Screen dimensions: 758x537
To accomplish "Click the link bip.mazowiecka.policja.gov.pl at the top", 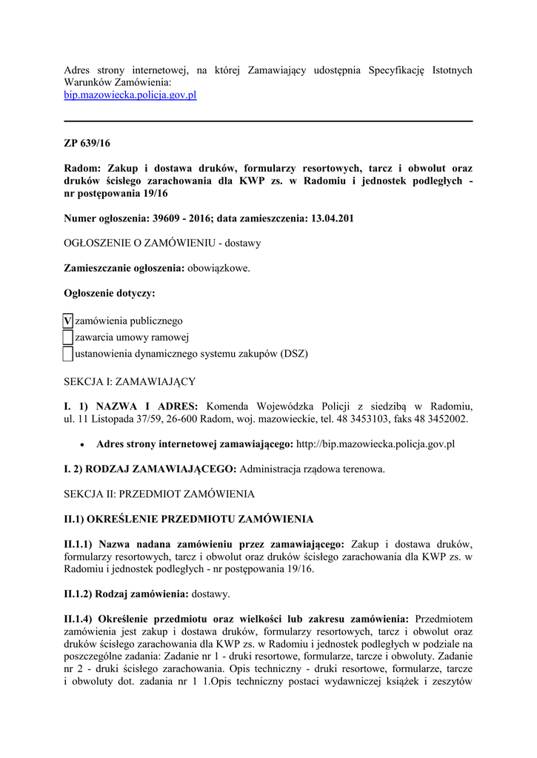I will (x=130, y=95).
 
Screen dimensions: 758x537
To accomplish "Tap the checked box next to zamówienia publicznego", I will (x=68, y=321).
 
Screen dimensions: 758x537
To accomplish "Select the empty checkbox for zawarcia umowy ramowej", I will (x=68, y=338).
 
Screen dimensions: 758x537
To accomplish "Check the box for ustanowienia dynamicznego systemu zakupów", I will (x=68, y=354).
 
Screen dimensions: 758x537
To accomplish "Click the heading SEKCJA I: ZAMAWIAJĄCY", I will (x=130, y=381).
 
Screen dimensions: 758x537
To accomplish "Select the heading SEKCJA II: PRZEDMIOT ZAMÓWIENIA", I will (x=159, y=493).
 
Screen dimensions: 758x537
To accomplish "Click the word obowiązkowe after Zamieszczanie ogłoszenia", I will (x=219, y=268).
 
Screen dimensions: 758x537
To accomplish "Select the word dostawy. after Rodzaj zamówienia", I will (x=211, y=594).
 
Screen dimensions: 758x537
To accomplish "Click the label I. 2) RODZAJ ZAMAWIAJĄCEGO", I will (x=150, y=469).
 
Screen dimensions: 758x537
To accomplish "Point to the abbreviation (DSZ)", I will (x=294, y=354).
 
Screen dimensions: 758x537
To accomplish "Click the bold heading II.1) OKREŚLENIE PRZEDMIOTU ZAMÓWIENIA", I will (x=189, y=518).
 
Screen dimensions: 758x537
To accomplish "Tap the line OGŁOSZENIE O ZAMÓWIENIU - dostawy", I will (x=162, y=243).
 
